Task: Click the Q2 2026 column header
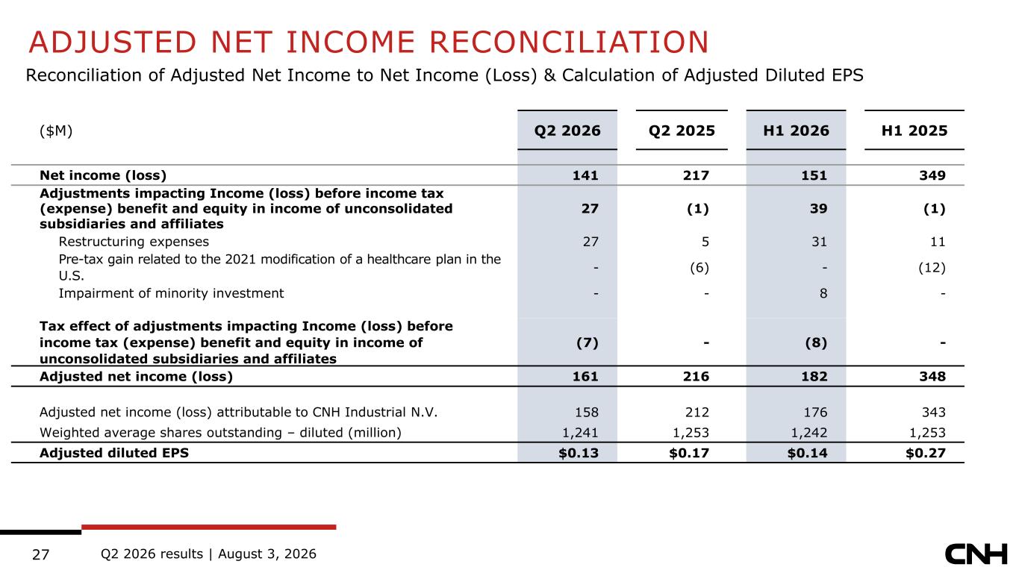[x=567, y=131]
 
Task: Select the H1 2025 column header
[x=914, y=131]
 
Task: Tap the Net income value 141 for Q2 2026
[x=585, y=175]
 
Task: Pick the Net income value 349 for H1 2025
[x=932, y=175]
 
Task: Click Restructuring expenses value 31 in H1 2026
[x=819, y=242]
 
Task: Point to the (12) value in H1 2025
[x=932, y=267]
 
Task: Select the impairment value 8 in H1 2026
[x=823, y=293]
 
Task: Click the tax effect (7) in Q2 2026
[x=588, y=342]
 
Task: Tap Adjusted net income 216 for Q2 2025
[x=696, y=377]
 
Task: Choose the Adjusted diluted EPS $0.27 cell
[x=925, y=453]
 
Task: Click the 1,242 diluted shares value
[x=808, y=433]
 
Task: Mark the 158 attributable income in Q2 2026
[x=586, y=413]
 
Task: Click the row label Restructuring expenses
[x=134, y=242]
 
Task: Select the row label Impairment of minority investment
[x=171, y=293]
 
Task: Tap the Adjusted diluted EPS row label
[x=114, y=453]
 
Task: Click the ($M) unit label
[x=56, y=131]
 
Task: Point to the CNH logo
[x=976, y=554]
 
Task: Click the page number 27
[x=40, y=554]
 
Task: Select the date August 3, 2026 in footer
[x=267, y=554]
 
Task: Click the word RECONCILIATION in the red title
[x=569, y=43]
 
